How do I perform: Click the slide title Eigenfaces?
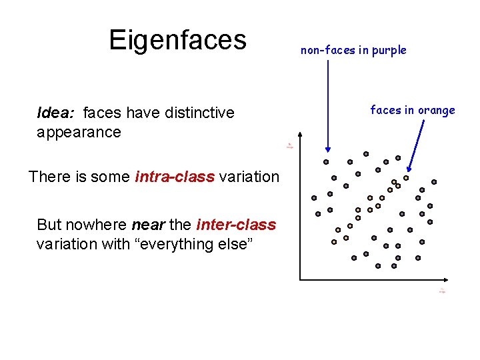177,40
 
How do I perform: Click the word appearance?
79,132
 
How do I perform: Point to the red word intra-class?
175,177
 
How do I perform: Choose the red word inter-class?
236,225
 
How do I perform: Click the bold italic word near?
147,225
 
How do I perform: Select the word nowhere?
97,225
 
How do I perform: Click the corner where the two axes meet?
299,279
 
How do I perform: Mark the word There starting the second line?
48,177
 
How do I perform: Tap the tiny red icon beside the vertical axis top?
289,145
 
